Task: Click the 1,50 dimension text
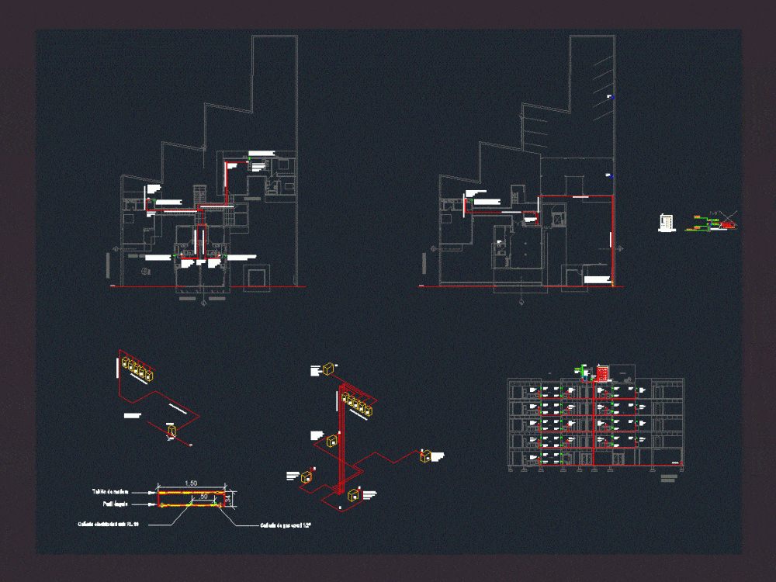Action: coord(190,483)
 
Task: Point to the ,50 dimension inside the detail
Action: coord(203,497)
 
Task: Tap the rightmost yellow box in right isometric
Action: coord(425,456)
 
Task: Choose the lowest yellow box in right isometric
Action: coord(354,494)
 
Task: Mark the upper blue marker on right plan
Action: coord(611,97)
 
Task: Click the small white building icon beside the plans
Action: coord(666,223)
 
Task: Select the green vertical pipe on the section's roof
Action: coord(583,372)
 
